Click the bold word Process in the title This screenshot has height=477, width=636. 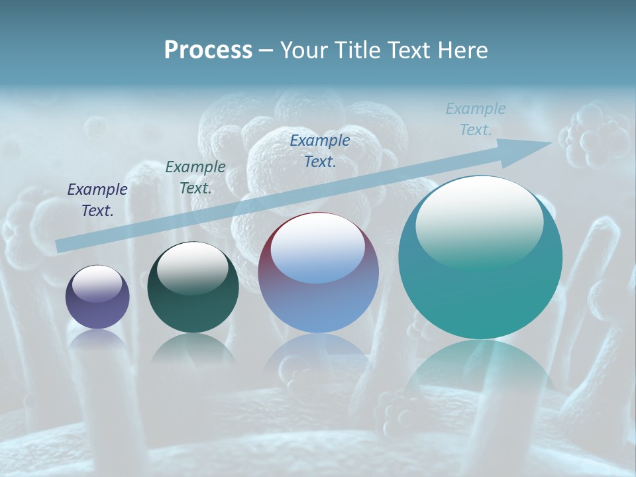(x=208, y=50)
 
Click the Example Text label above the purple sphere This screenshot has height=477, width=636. (x=97, y=200)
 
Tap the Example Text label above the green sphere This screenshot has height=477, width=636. (x=195, y=178)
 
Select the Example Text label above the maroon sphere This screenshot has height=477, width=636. (x=320, y=151)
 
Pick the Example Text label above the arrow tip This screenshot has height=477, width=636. (x=476, y=119)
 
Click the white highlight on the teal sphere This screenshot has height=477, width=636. (x=480, y=222)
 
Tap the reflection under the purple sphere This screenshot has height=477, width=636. (x=97, y=339)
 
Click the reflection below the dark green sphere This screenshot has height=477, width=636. (x=193, y=348)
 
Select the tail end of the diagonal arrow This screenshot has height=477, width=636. (x=61, y=246)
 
